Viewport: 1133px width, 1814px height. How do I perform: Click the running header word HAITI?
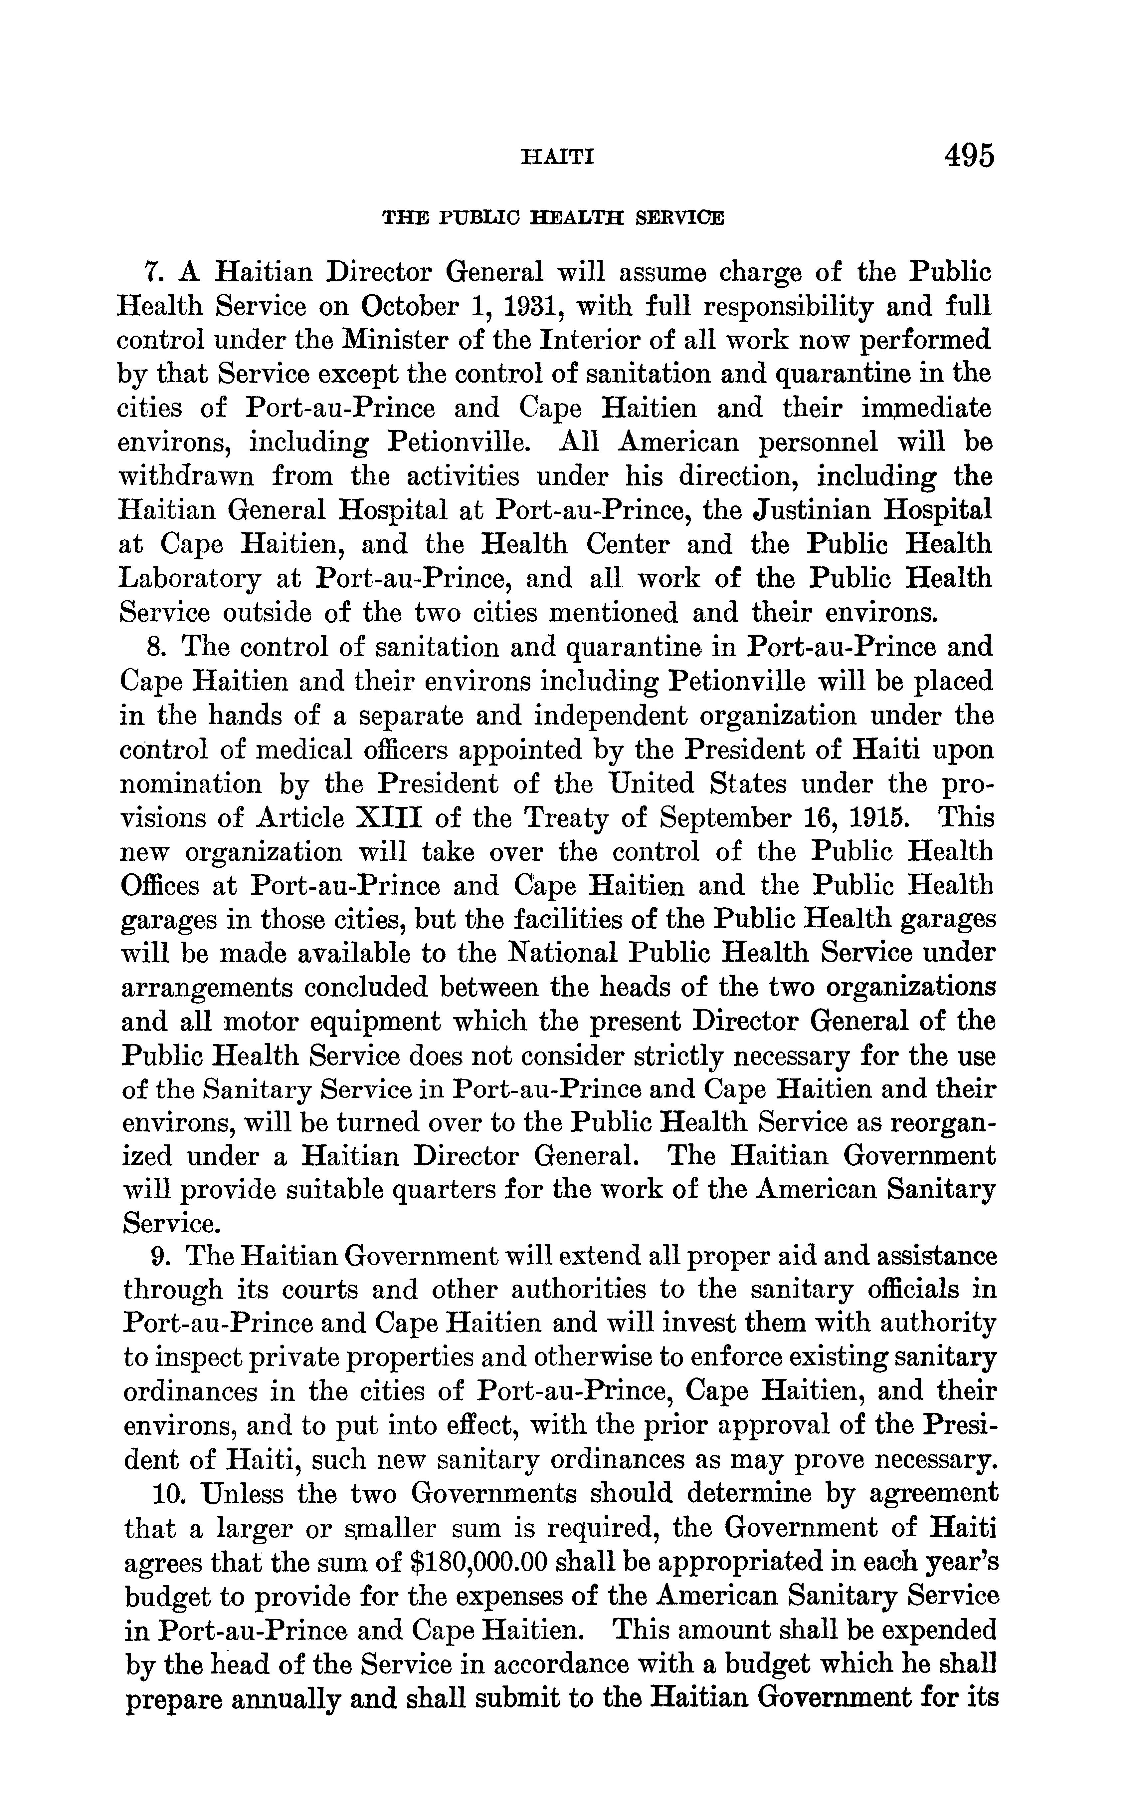click(x=557, y=157)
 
